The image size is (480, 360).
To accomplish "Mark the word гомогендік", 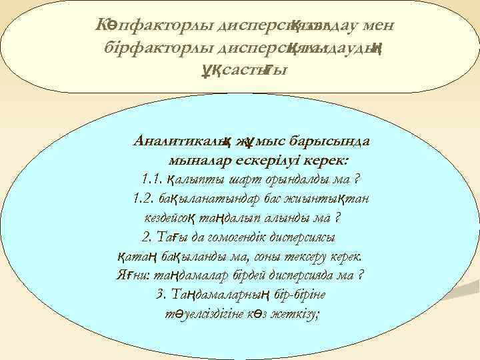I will pyautogui.click(x=238, y=237).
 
